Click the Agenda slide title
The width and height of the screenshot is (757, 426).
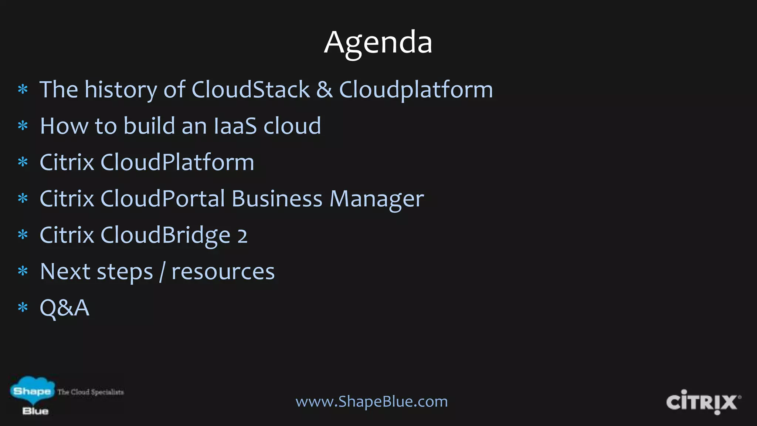click(378, 43)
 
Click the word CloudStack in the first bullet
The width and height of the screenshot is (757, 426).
click(251, 89)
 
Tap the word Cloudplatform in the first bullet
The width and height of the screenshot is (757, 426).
click(416, 89)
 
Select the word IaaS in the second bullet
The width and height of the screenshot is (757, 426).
click(235, 126)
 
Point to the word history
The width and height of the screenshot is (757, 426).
click(120, 89)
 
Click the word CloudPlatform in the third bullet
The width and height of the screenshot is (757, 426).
click(177, 162)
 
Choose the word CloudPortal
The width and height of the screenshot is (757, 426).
click(163, 199)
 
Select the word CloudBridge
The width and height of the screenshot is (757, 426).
click(165, 235)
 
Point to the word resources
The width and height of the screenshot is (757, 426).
click(223, 271)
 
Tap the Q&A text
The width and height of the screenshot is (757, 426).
click(65, 308)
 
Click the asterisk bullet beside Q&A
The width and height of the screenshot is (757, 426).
click(23, 308)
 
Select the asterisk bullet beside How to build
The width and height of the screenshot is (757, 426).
click(23, 126)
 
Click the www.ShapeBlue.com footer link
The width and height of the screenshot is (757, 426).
click(371, 401)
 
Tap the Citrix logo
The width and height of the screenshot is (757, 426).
click(702, 402)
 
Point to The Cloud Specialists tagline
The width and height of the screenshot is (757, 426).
click(91, 392)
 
